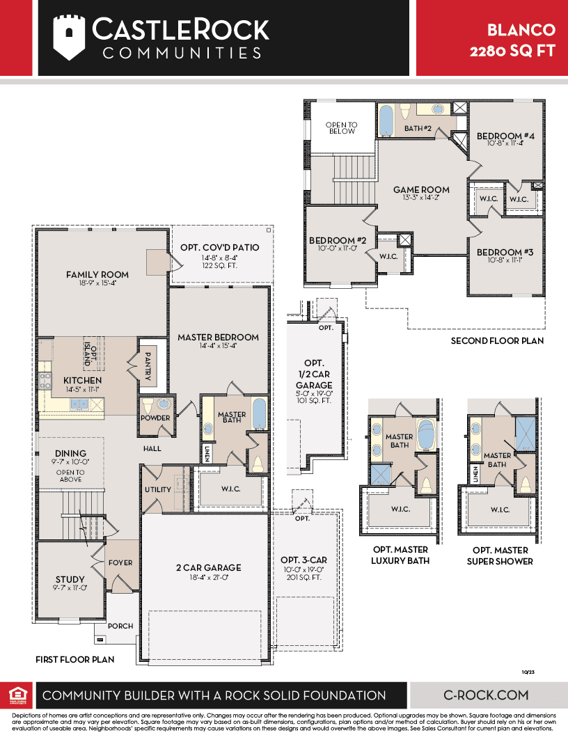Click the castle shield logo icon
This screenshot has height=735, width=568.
pyautogui.click(x=69, y=38)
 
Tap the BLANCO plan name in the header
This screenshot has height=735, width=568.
pyautogui.click(x=521, y=30)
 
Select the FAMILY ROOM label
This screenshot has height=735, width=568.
pyautogui.click(x=97, y=275)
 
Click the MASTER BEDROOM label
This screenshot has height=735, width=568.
pyautogui.click(x=218, y=337)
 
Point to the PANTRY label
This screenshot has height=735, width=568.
pyautogui.click(x=148, y=366)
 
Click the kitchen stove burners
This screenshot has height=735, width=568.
pyautogui.click(x=45, y=380)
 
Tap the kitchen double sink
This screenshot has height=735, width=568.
pyautogui.click(x=79, y=404)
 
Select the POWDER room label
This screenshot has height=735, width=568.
pyautogui.click(x=155, y=418)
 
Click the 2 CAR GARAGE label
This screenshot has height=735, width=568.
pyautogui.click(x=209, y=568)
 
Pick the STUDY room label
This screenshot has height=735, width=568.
pyautogui.click(x=70, y=579)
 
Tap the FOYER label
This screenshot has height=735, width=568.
pyautogui.click(x=120, y=562)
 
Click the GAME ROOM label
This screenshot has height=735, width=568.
pyautogui.click(x=421, y=190)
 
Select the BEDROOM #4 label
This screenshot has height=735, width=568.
pyautogui.click(x=505, y=136)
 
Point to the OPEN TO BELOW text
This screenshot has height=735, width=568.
pyautogui.click(x=342, y=128)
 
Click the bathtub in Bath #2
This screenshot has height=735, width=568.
pyautogui.click(x=386, y=120)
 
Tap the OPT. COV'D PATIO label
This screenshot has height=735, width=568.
pyautogui.click(x=220, y=248)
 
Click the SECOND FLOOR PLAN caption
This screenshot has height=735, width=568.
pyautogui.click(x=497, y=341)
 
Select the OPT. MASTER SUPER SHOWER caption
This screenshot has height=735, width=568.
pyautogui.click(x=500, y=555)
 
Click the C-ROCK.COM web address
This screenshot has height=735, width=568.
pyautogui.click(x=486, y=695)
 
